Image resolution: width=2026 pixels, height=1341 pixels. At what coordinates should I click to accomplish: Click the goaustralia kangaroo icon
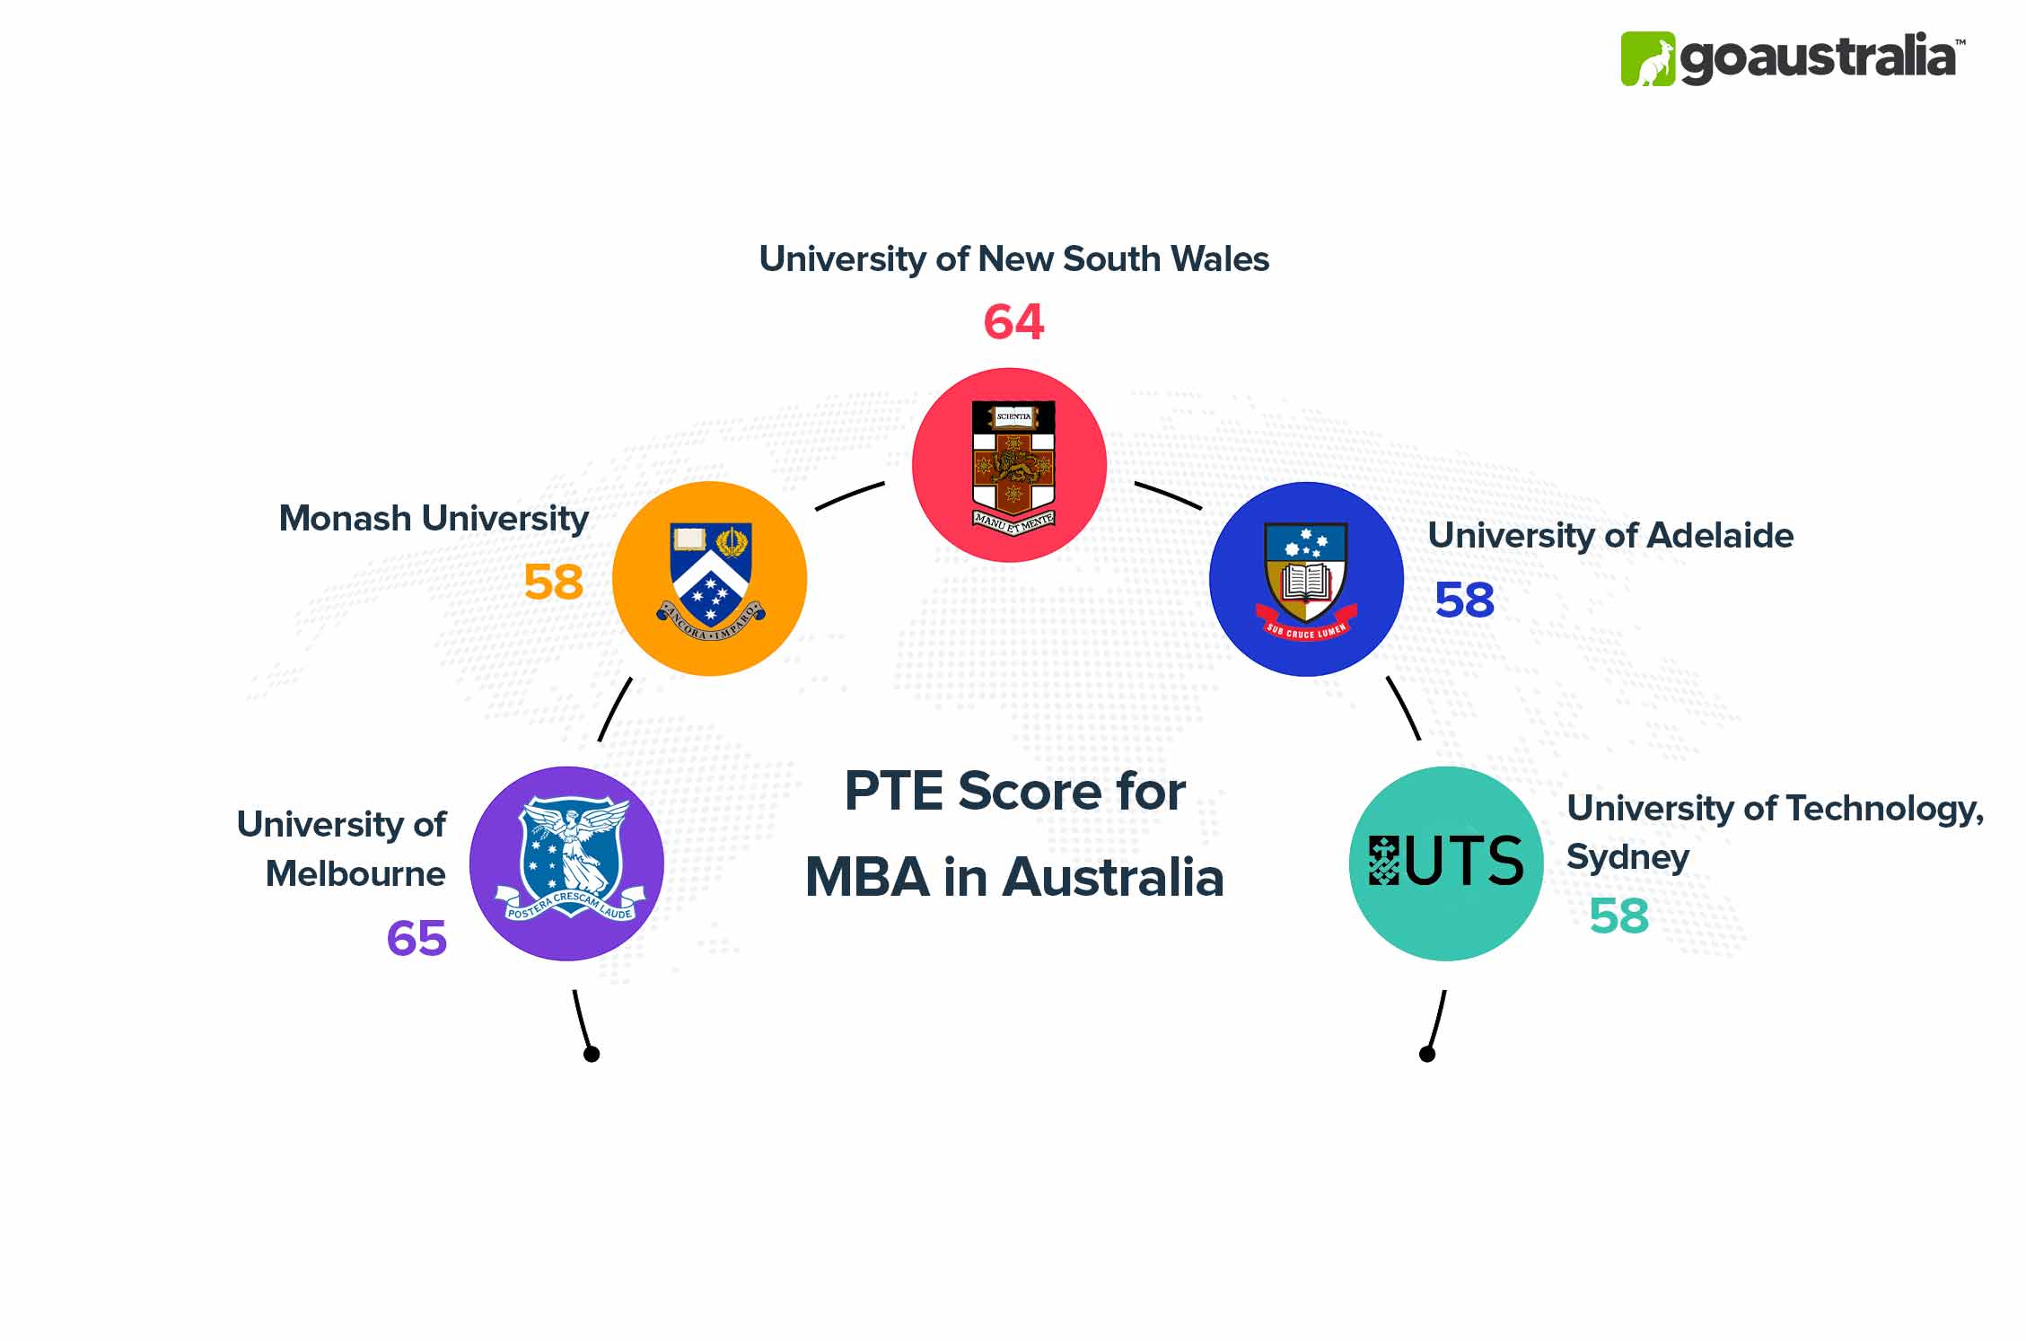tap(1647, 59)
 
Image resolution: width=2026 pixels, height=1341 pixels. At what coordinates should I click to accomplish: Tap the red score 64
tap(1013, 321)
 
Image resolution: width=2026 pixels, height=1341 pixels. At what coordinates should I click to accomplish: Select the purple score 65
tap(417, 939)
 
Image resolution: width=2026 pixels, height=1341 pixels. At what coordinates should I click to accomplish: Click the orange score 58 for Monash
tap(553, 582)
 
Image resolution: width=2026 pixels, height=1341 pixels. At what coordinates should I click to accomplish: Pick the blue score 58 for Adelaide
tap(1464, 600)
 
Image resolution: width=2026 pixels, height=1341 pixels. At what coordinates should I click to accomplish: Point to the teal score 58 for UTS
tap(1618, 916)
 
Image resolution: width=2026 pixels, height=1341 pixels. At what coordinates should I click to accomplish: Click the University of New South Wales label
tap(1013, 259)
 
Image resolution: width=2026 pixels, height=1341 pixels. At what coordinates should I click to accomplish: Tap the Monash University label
tap(434, 518)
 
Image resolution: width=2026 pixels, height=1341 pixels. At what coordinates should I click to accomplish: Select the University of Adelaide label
tap(1610, 535)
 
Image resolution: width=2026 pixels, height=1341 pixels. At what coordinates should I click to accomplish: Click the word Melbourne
tap(355, 873)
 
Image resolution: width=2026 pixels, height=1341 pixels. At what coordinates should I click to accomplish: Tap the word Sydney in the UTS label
tap(1627, 857)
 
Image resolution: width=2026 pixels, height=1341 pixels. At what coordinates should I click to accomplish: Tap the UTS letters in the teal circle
tap(1463, 861)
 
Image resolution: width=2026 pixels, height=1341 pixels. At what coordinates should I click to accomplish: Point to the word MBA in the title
tap(867, 877)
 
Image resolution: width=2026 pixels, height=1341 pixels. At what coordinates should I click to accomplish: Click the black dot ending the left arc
tap(592, 1054)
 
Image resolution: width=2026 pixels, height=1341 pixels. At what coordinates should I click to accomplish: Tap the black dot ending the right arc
tap(1427, 1054)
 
